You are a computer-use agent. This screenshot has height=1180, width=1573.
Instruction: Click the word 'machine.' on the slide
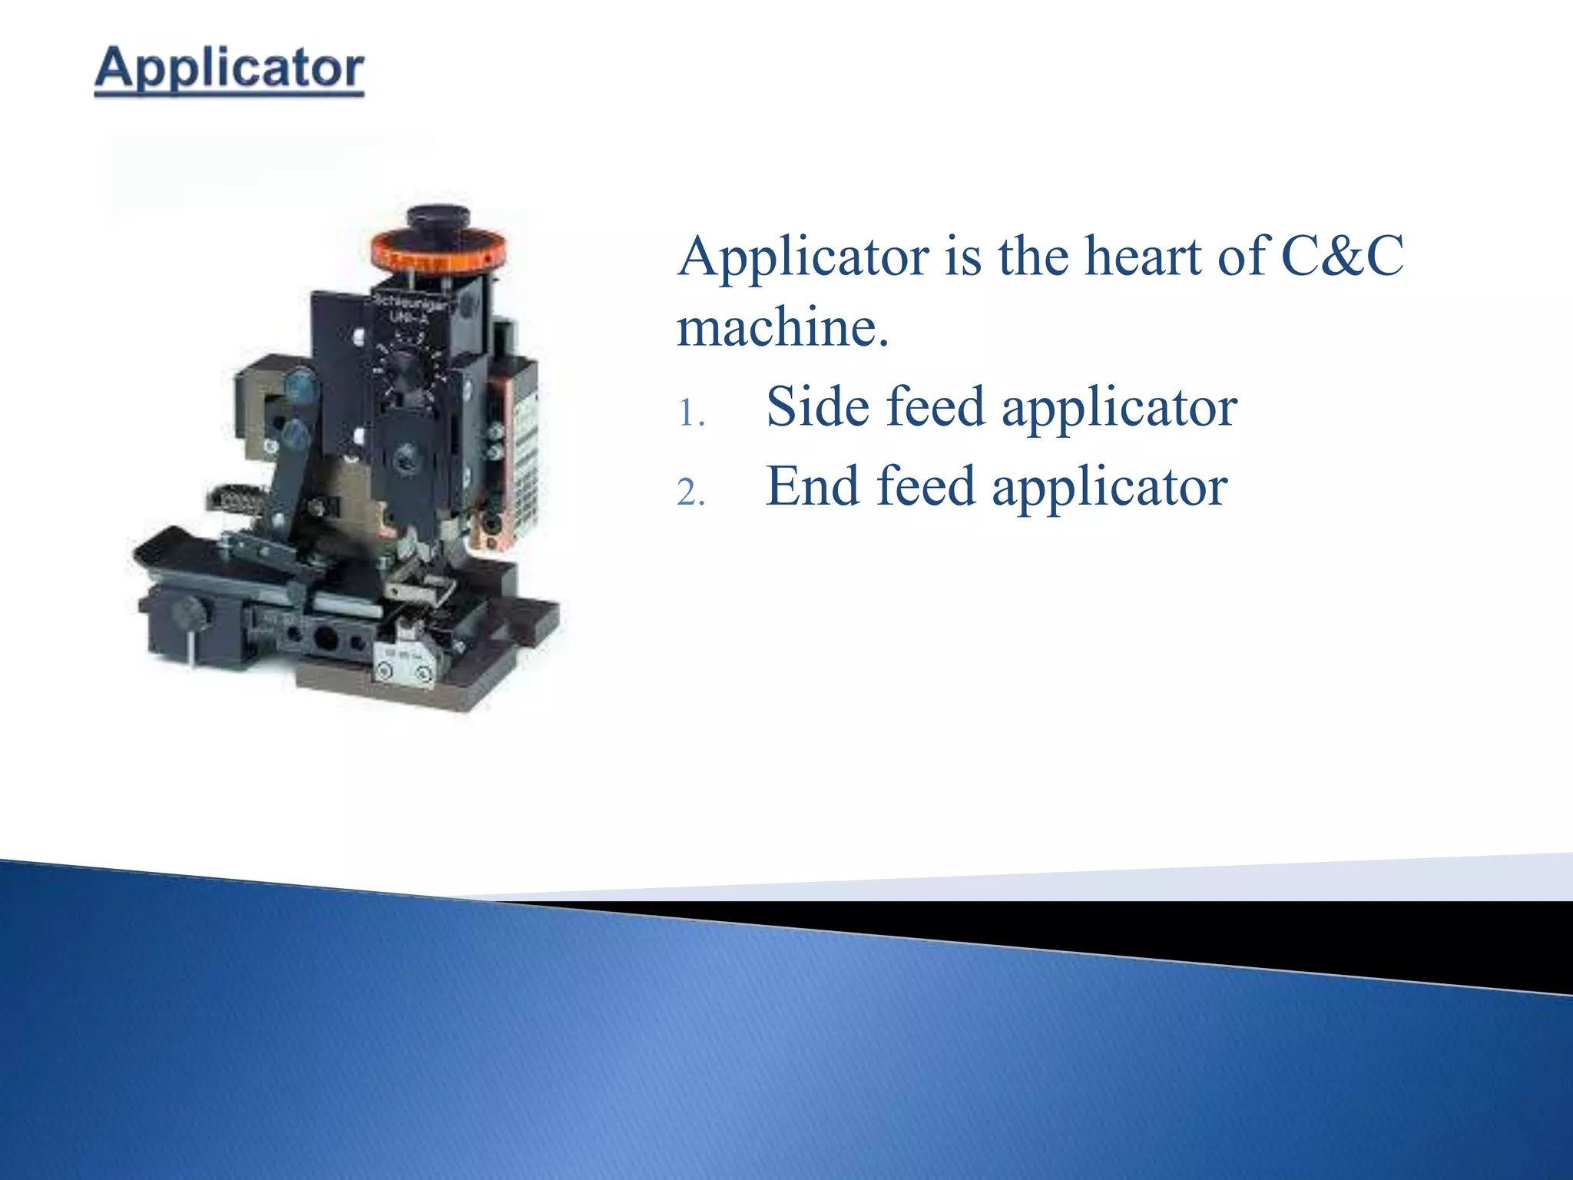point(782,327)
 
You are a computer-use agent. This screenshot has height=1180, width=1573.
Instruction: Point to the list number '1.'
point(690,415)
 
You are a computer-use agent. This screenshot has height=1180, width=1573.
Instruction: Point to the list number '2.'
point(690,492)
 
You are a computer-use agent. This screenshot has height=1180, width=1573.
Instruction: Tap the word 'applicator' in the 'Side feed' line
point(1119,407)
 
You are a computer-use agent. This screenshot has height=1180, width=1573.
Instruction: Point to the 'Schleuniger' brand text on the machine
point(411,302)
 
